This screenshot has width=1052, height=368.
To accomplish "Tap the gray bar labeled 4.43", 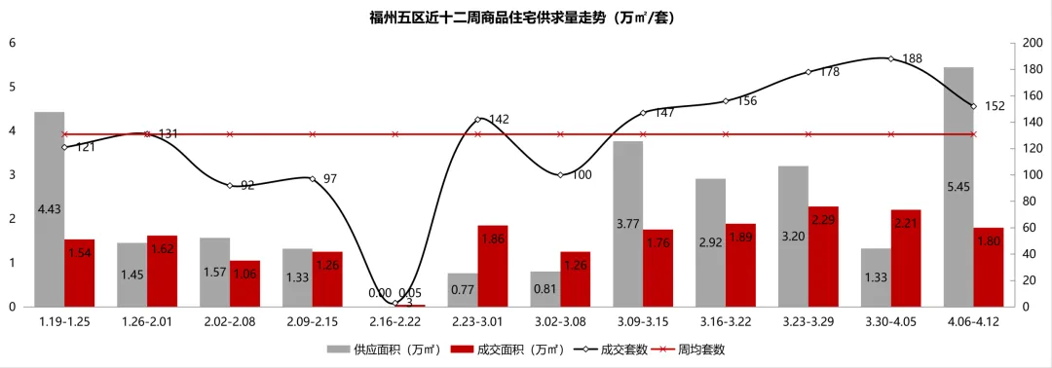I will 50,209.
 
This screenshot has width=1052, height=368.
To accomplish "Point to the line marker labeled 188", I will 890,58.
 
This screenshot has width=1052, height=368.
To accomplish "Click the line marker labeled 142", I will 477,120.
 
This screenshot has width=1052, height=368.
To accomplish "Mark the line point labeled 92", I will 230,185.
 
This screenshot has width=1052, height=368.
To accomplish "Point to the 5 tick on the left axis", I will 12,87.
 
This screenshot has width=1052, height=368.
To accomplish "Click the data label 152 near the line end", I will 996,107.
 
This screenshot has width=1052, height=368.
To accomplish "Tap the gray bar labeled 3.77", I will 628,224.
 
